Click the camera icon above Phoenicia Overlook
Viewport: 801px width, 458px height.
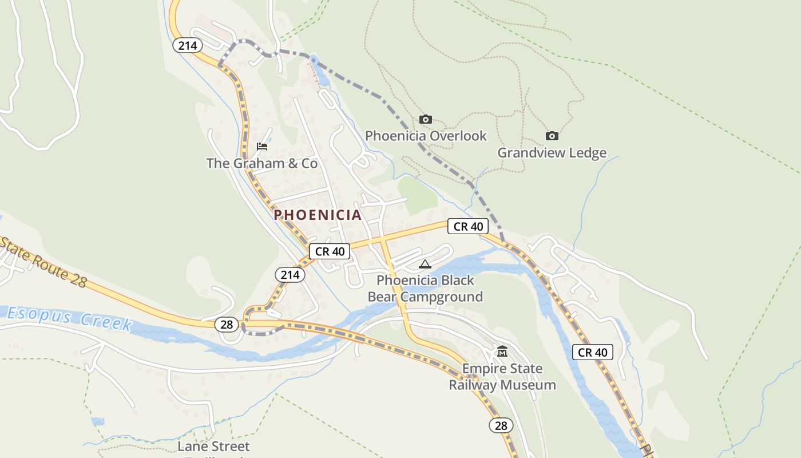[x=425, y=119]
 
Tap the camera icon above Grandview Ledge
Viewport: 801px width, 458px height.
[x=552, y=136]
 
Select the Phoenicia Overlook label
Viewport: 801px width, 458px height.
[x=426, y=136]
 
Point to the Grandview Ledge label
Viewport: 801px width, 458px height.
[x=552, y=153]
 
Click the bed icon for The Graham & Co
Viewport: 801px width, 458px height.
[x=262, y=147]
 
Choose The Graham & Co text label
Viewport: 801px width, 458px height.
[x=261, y=163]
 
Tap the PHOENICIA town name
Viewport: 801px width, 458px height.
[x=318, y=215]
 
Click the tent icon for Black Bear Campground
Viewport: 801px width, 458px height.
[x=425, y=264]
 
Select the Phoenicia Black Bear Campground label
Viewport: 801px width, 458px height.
[x=425, y=289]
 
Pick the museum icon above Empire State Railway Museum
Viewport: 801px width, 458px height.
[x=502, y=351]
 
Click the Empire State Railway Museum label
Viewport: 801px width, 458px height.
[x=502, y=376]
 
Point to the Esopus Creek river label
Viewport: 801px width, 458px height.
[x=69, y=318]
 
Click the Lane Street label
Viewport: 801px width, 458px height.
[x=213, y=446]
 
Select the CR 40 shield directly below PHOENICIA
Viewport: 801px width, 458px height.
[x=330, y=251]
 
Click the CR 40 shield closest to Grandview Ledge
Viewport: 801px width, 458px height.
[x=468, y=226]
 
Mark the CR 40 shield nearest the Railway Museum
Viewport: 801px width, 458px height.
[x=593, y=352]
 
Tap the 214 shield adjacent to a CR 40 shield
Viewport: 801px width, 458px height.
[x=290, y=275]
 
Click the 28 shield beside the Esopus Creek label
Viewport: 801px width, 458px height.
[x=227, y=325]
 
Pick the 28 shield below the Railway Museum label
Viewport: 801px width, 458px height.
[x=501, y=425]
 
